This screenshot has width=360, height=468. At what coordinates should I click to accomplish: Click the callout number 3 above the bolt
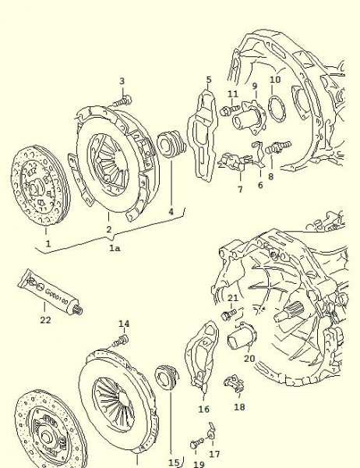(122, 81)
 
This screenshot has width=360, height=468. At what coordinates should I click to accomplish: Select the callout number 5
(209, 80)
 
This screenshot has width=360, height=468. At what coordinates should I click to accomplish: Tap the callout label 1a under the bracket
(115, 247)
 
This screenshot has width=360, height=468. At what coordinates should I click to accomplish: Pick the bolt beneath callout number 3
(122, 99)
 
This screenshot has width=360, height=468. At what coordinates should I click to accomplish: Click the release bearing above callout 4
(168, 146)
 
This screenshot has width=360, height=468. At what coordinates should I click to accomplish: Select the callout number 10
(275, 80)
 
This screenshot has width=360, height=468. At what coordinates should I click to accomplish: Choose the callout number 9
(253, 85)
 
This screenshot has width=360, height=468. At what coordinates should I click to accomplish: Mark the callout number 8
(270, 177)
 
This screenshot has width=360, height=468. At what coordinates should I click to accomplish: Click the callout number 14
(123, 324)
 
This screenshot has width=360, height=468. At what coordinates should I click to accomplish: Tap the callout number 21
(233, 298)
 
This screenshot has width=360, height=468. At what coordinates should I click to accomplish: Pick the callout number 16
(204, 409)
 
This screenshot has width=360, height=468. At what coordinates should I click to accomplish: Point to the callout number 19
(199, 463)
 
